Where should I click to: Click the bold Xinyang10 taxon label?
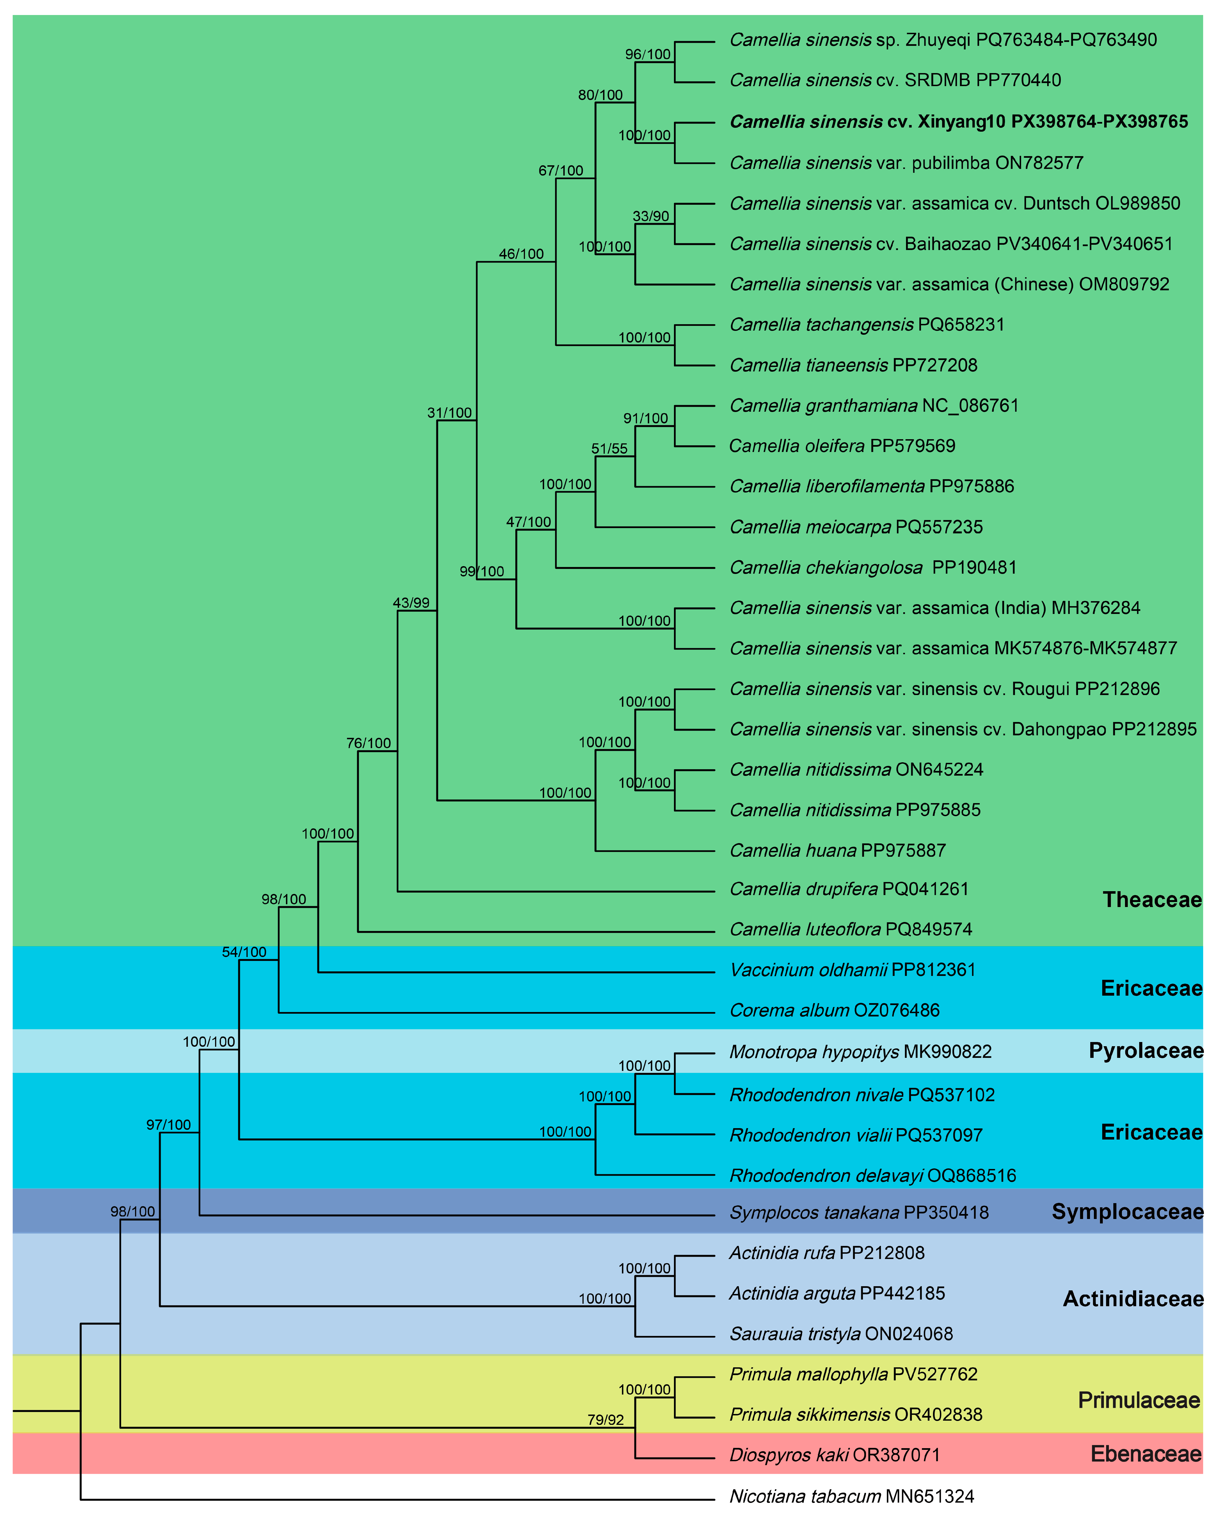tap(959, 121)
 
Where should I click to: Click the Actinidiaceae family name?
tap(1133, 1299)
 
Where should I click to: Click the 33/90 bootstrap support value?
tap(651, 216)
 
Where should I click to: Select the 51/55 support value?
tap(609, 449)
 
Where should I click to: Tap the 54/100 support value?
tap(244, 952)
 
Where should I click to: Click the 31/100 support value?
tap(449, 413)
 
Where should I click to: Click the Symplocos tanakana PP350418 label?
tap(859, 1213)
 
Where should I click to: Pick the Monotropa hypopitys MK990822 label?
tap(860, 1052)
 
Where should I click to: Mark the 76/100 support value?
tap(368, 743)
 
